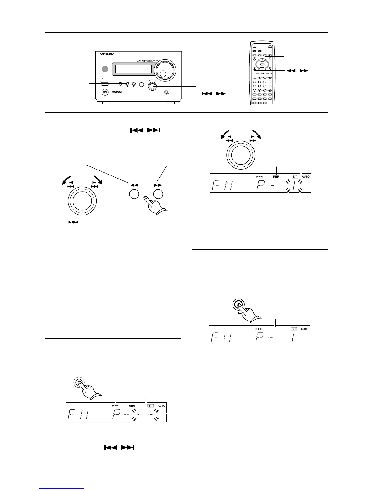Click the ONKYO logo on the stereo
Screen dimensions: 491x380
pyautogui.click(x=107, y=54)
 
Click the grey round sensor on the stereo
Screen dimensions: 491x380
pyautogui.click(x=106, y=69)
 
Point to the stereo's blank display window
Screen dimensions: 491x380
pyautogui.click(x=133, y=69)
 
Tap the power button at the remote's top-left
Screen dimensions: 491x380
pyautogui.click(x=254, y=47)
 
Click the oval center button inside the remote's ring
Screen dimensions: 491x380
pyautogui.click(x=262, y=64)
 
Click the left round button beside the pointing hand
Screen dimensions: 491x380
pyautogui.click(x=134, y=194)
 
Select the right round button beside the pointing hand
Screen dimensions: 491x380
pyautogui.click(x=158, y=194)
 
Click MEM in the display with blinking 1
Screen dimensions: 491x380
pyautogui.click(x=276, y=177)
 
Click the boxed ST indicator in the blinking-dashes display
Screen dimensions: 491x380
pyautogui.click(x=151, y=405)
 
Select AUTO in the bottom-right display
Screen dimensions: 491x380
pyautogui.click(x=305, y=329)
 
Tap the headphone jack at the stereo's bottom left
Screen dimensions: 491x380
pyautogui.click(x=106, y=92)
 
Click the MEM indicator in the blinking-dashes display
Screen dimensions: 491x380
pyautogui.click(x=132, y=405)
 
